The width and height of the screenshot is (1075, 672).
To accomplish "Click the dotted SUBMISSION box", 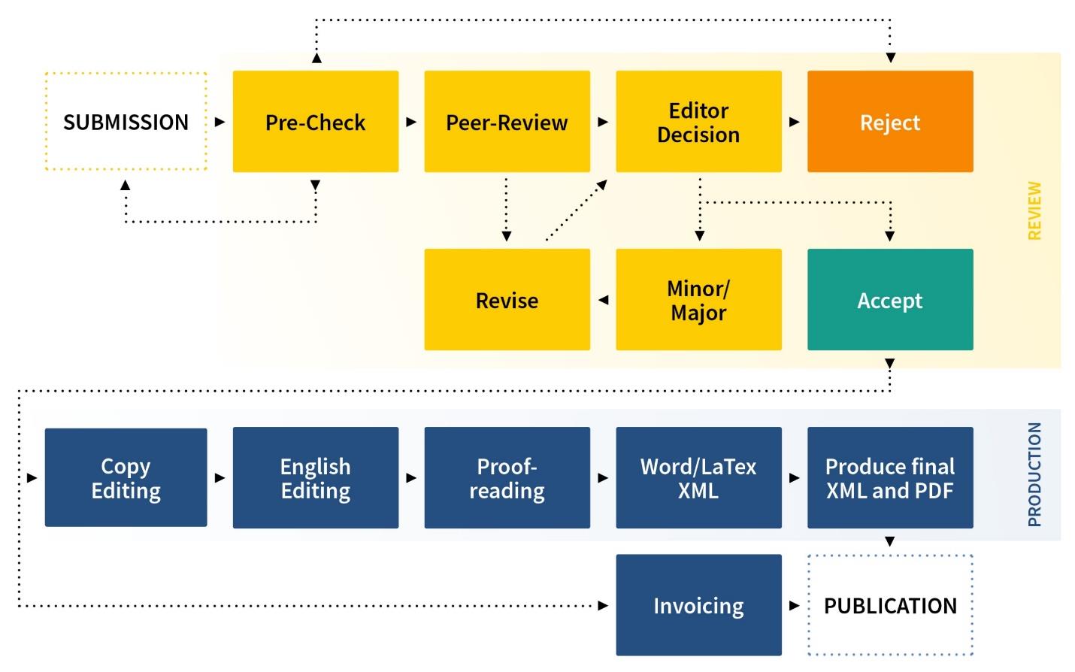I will click(126, 122).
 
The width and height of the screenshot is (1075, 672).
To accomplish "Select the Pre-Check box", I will click(315, 122).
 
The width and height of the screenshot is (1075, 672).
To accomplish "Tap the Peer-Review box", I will click(507, 122).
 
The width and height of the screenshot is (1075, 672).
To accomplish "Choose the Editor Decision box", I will click(698, 122).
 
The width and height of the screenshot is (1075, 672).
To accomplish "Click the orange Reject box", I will click(890, 122).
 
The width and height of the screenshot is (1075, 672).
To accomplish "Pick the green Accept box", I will click(890, 300).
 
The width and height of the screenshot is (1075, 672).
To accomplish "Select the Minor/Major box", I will click(698, 300).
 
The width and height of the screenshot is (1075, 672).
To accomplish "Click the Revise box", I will click(507, 300).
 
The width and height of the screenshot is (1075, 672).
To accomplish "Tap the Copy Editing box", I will click(126, 477).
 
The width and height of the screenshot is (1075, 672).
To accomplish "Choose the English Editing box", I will click(315, 477).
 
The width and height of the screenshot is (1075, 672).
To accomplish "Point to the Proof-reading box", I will click(507, 477).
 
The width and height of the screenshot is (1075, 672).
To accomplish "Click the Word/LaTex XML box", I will click(698, 477).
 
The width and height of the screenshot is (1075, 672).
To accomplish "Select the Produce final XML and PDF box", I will click(890, 477).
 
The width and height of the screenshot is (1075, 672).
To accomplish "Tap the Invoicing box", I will click(698, 605).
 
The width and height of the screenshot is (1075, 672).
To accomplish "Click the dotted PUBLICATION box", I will click(890, 605).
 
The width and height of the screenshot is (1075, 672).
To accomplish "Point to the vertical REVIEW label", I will click(1035, 210).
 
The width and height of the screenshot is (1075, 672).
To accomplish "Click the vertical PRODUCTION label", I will click(1035, 474).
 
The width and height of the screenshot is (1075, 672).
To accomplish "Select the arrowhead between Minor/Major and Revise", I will click(603, 300).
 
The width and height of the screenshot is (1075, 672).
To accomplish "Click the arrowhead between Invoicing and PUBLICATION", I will click(795, 605).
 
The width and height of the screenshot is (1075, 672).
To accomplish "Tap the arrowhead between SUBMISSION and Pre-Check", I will click(220, 122).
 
